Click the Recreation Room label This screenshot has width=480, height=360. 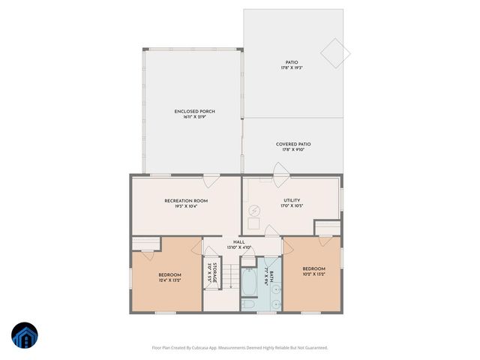(186, 201)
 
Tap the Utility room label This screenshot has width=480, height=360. (292, 200)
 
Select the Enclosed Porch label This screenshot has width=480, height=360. (194, 112)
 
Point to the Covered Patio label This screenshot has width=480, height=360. (293, 144)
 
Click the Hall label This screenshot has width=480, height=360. (239, 242)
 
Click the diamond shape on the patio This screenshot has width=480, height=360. (335, 52)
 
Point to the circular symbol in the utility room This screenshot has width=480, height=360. (255, 211)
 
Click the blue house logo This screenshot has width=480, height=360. (25, 335)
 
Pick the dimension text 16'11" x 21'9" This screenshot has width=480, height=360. (194, 117)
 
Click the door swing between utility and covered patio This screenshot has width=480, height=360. (279, 181)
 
